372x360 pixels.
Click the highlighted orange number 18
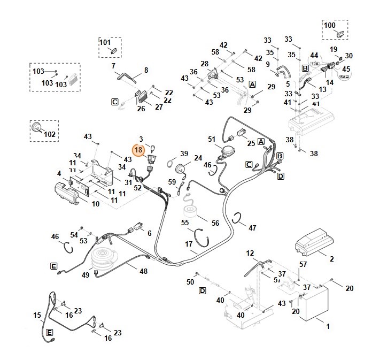coord(138,150)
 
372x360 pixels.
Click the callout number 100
coord(330,25)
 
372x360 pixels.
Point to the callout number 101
coord(105,42)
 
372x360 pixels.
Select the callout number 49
coord(86,275)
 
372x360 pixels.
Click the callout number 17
coord(189,244)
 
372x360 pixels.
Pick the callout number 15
coord(37,315)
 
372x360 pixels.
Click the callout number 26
coord(141,109)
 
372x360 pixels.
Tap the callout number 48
coord(144,271)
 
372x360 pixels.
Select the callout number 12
coord(250,252)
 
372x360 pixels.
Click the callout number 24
coord(198,158)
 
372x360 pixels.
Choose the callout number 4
coord(59,173)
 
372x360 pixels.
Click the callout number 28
coord(204,64)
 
